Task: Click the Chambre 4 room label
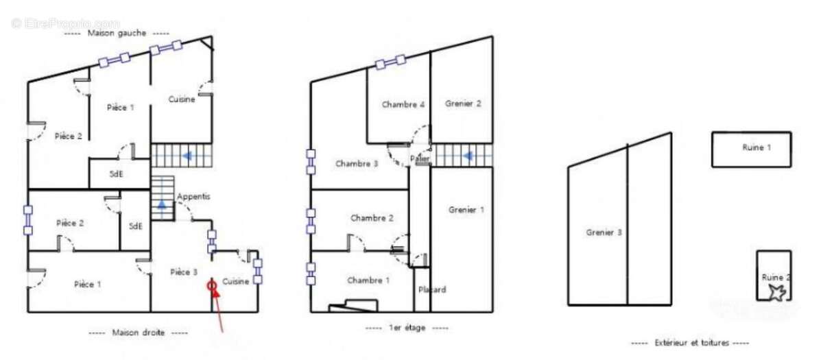[x=403, y=104]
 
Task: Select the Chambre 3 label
[x=357, y=164]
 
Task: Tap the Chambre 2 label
[x=372, y=218]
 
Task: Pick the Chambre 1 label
[x=368, y=280]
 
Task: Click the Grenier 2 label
[x=463, y=104]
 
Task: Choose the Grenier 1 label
[x=466, y=210]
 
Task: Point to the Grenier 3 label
[x=604, y=232]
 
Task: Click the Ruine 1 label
[x=756, y=147]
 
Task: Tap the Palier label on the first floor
[x=420, y=158]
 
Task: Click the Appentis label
[x=193, y=196]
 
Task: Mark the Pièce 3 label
[x=184, y=272]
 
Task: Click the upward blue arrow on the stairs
[x=162, y=204]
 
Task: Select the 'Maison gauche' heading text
[x=117, y=33]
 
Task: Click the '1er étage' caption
[x=407, y=328]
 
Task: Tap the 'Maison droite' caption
[x=138, y=333]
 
